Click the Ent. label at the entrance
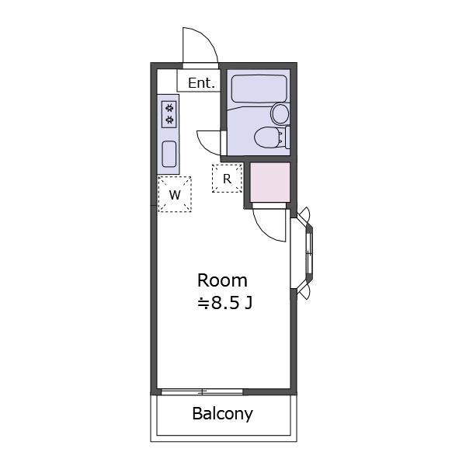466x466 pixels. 201,83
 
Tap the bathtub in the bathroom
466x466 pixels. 259,89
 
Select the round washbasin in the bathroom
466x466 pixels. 280,113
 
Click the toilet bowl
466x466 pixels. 267,137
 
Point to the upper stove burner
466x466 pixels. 169,107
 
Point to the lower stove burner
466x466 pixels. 169,120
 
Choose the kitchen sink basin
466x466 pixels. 169,154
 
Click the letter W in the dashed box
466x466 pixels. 175,195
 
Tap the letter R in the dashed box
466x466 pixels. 227,179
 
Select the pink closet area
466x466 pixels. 270,183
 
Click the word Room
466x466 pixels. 222,280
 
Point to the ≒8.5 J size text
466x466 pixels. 225,303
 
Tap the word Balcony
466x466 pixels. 223,413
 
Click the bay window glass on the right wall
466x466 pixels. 309,253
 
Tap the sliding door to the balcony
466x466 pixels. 202,391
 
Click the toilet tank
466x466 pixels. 287,137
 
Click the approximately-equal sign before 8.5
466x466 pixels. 203,304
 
